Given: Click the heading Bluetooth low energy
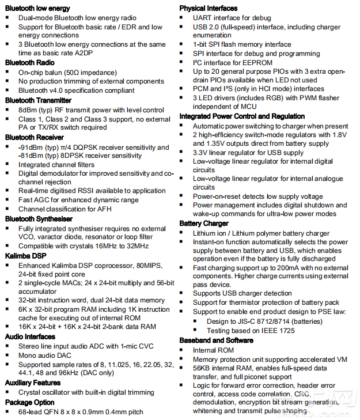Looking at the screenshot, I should [x=37, y=8].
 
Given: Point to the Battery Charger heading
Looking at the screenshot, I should [x=204, y=224].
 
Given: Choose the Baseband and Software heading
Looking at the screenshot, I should [x=216, y=340].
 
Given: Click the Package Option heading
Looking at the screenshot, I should [x=30, y=402].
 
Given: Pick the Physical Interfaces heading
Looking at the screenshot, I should [x=208, y=8].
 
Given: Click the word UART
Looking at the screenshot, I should [x=202, y=17].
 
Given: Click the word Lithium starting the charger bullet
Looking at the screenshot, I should [x=205, y=233].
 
